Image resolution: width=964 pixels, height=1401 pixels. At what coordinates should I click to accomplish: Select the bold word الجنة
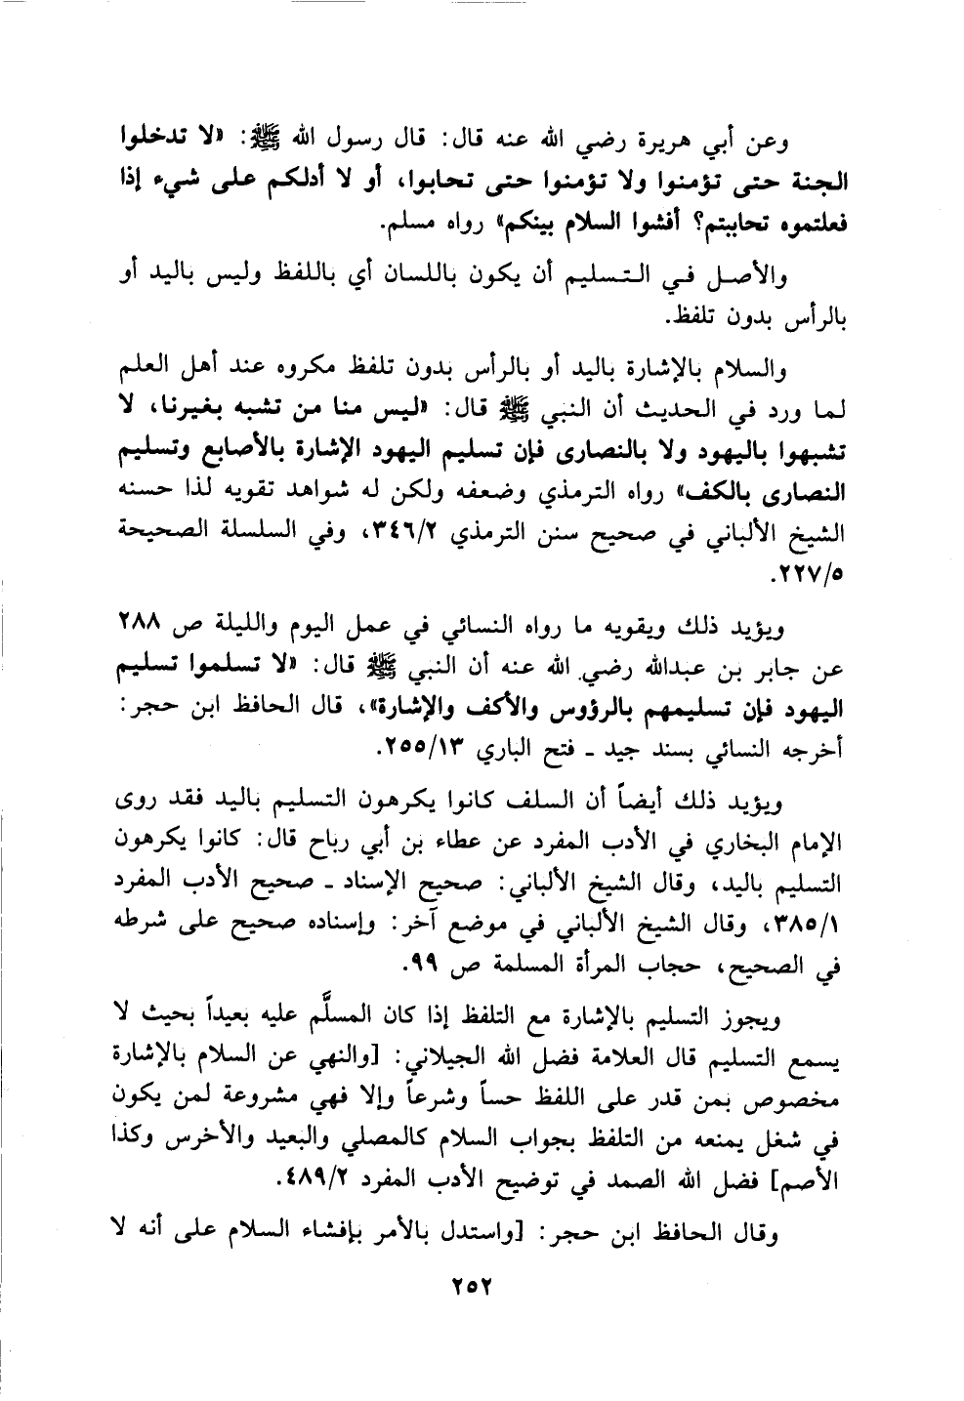pyautogui.click(x=817, y=182)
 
